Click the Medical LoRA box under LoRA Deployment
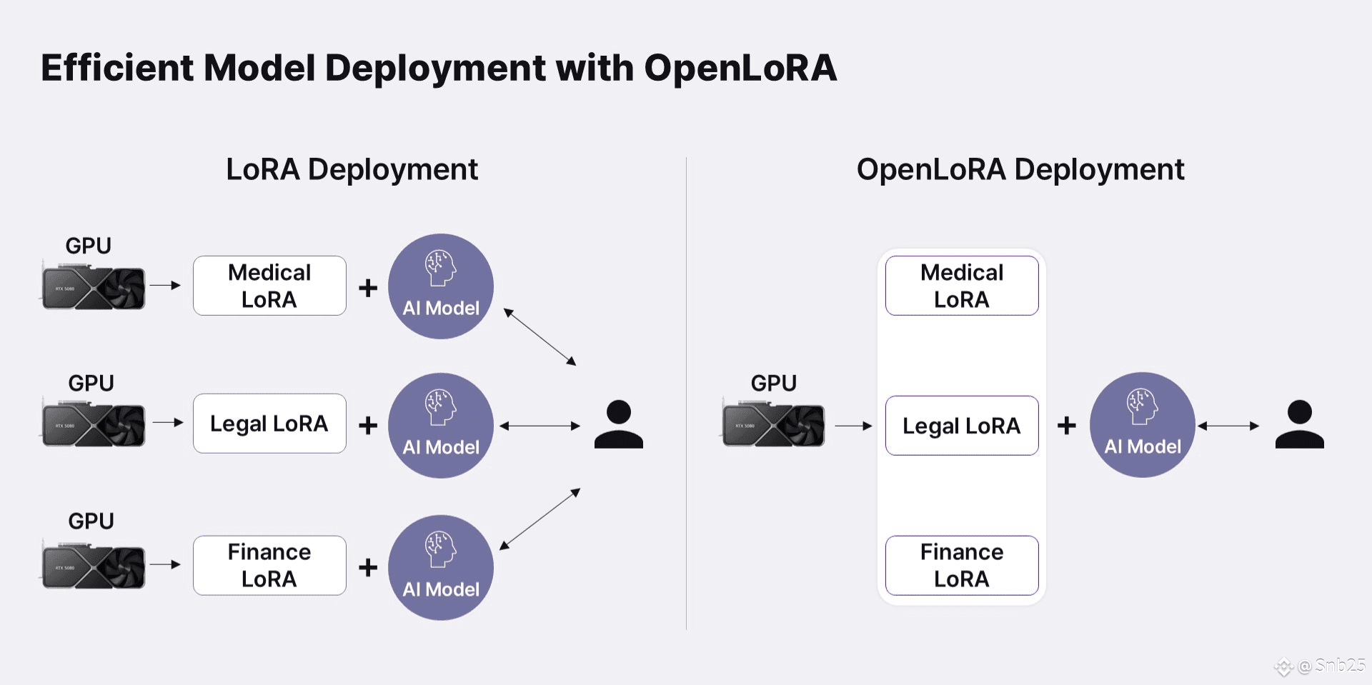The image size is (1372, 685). [x=269, y=286]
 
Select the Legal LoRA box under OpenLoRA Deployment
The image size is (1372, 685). [x=961, y=426]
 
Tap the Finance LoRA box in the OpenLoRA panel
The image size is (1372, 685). [x=961, y=565]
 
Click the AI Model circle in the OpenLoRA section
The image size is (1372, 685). [x=1142, y=425]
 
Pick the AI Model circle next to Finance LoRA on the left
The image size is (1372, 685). [x=441, y=568]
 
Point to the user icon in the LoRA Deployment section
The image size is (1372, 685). [x=619, y=424]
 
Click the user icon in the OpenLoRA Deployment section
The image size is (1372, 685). [x=1299, y=424]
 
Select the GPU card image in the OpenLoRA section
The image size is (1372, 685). [x=773, y=425]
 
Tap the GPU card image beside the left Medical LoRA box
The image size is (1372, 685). [x=94, y=288]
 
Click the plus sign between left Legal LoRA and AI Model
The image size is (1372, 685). [x=368, y=426]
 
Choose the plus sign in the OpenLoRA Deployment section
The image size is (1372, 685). [x=1066, y=426]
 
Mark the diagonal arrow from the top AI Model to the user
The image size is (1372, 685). [x=540, y=336]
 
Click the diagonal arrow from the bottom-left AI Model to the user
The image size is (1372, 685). [x=540, y=519]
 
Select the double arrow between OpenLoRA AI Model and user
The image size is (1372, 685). [x=1228, y=426]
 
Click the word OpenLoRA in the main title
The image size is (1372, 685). [x=740, y=68]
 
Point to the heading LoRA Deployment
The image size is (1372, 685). [x=352, y=169]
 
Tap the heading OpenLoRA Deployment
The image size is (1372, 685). [x=1020, y=169]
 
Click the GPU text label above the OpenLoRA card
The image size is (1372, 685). [x=773, y=383]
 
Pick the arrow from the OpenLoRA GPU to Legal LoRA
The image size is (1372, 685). [x=853, y=426]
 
